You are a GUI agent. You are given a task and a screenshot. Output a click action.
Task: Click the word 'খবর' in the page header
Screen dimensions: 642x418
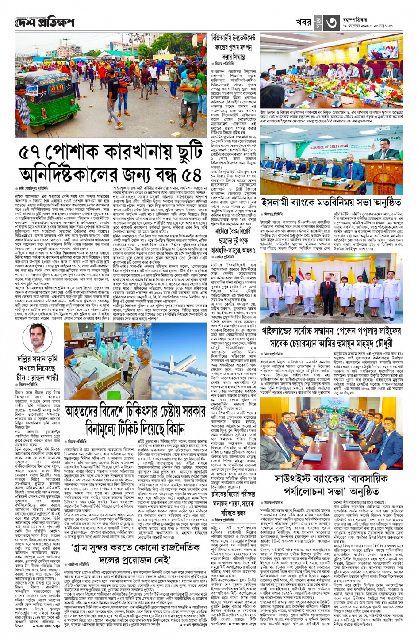click(x=303, y=23)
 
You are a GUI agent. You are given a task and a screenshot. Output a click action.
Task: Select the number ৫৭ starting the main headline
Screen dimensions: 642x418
click(x=35, y=153)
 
